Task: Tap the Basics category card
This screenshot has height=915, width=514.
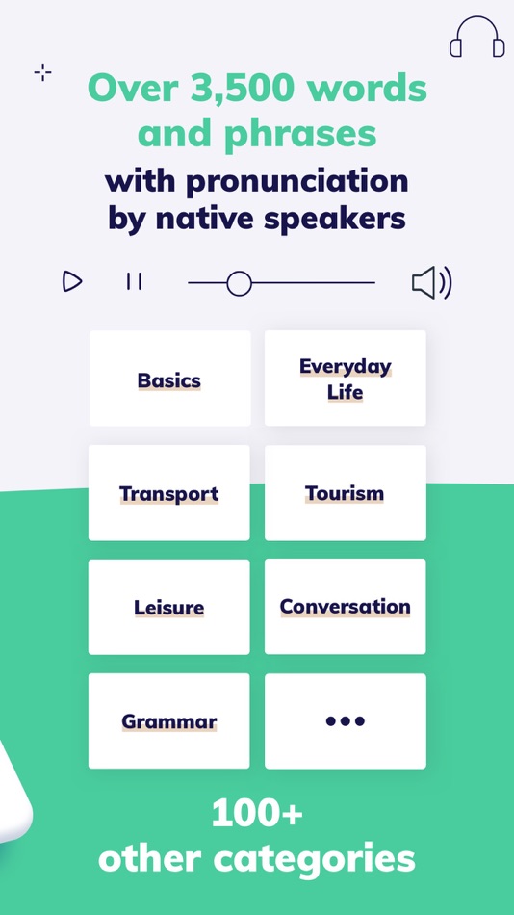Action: click(169, 379)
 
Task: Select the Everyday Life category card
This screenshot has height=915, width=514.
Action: click(346, 379)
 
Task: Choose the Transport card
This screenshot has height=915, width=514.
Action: click(169, 493)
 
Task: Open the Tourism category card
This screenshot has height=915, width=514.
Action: click(346, 493)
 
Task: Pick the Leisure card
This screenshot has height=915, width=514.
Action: click(169, 607)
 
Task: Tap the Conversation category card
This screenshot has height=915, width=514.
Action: click(346, 607)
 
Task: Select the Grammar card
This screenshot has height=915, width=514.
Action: click(169, 721)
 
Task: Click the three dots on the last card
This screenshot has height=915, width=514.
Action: click(345, 721)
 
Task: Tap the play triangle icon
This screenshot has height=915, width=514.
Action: click(72, 281)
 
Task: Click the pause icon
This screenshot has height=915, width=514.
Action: click(134, 281)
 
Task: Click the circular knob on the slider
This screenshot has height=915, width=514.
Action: click(240, 283)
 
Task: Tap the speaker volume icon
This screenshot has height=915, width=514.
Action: click(432, 283)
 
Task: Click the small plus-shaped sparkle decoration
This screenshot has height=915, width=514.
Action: click(42, 73)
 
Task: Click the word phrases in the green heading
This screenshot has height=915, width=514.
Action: click(301, 136)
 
